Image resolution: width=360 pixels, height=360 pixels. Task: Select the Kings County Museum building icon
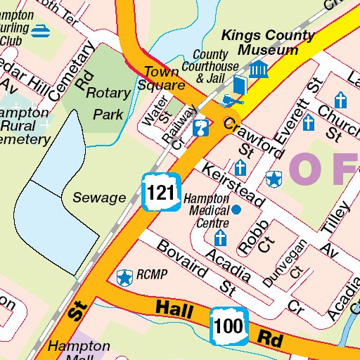click(259, 70)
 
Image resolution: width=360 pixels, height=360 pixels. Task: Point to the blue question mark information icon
click(202, 128)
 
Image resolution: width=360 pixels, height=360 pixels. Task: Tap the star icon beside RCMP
click(125, 278)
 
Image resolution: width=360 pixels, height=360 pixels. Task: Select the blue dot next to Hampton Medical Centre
click(236, 210)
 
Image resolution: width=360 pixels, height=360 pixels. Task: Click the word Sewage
click(99, 198)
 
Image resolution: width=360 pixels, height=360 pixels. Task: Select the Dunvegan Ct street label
click(285, 262)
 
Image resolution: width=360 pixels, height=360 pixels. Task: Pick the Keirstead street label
click(232, 186)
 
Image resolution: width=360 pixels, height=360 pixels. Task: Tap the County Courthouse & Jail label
click(211, 66)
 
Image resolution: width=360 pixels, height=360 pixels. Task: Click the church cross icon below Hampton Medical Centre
click(221, 237)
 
